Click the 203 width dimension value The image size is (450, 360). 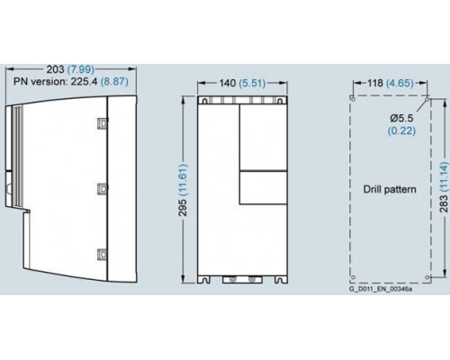[55, 69]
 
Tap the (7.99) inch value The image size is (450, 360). [81, 69]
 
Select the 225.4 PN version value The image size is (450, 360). [84, 81]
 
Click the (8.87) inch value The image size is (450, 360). [114, 81]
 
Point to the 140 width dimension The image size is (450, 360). [228, 83]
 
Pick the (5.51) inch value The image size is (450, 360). [252, 83]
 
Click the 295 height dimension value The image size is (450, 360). [183, 207]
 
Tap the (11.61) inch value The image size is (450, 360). [183, 179]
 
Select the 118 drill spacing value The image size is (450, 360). [375, 83]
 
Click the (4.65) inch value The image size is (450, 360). [400, 83]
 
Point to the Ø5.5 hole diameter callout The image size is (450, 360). [401, 119]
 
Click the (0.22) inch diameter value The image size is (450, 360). [401, 130]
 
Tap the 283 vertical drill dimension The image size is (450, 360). [444, 203]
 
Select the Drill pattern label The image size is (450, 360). [390, 189]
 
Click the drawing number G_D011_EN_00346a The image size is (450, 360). [381, 289]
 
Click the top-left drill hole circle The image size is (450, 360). [353, 98]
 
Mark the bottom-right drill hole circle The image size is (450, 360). [427, 277]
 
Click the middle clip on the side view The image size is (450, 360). [103, 189]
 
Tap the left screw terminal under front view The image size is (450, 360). [231, 280]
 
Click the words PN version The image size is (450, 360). [40, 81]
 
